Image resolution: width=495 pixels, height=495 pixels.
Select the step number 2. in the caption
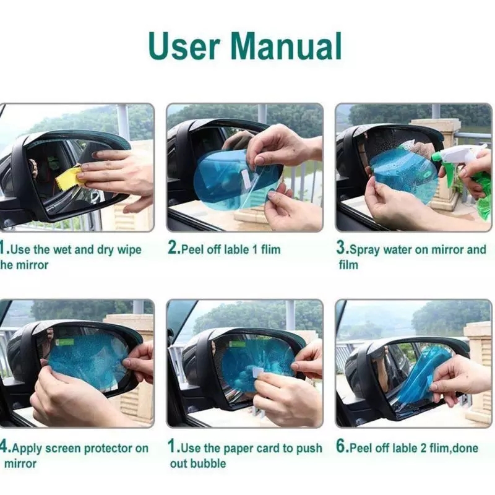point(174,249)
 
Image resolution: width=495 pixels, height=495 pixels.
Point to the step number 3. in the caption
point(342,249)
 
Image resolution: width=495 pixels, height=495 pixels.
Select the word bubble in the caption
point(206,463)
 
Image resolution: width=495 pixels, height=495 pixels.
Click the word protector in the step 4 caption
point(106,448)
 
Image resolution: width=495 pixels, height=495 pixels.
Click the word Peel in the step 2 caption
point(192,249)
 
